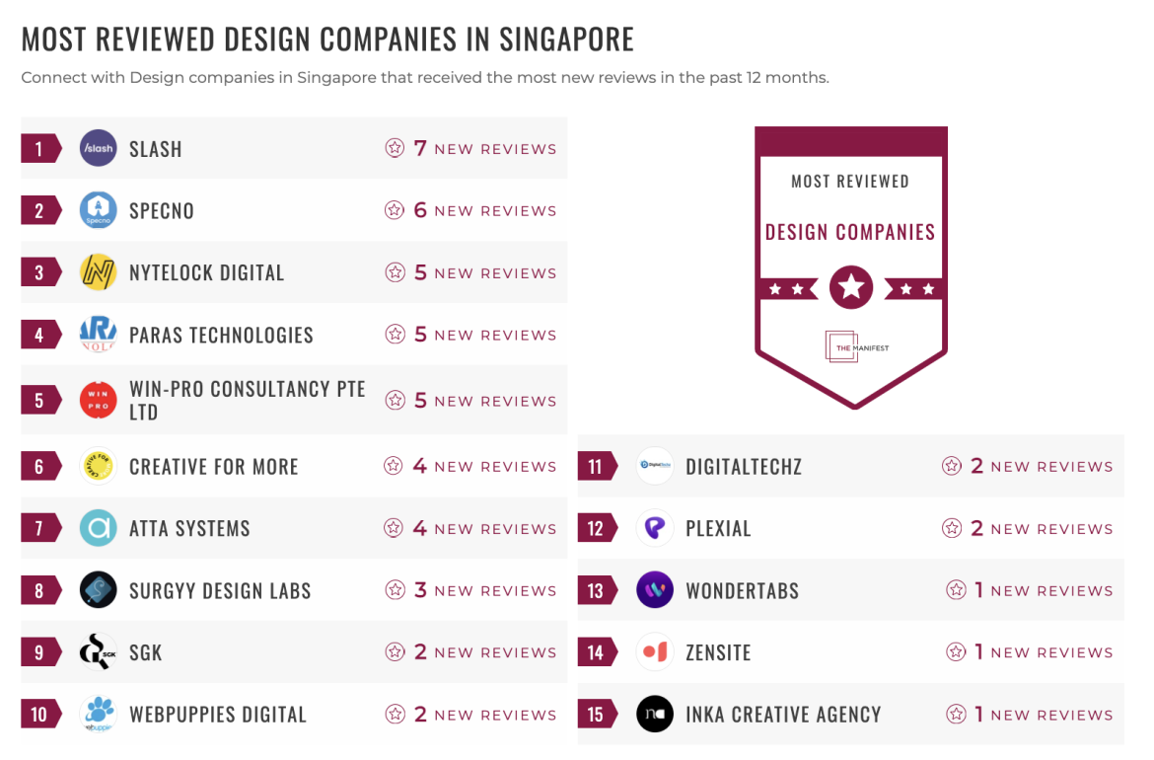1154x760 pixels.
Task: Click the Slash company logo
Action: click(99, 149)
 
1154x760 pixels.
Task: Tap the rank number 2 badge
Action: click(40, 210)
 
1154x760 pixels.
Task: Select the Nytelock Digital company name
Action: click(206, 273)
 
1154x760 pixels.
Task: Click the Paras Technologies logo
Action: click(99, 335)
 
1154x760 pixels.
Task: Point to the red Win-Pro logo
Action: click(99, 401)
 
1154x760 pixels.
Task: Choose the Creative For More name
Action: click(213, 467)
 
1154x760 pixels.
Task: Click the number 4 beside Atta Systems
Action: click(420, 528)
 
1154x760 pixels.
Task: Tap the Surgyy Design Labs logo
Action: click(99, 590)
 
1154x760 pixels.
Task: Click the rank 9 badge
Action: click(40, 652)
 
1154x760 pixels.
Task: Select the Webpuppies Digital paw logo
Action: click(99, 715)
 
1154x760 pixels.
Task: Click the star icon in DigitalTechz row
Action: click(951, 466)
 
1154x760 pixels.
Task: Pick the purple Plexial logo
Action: click(655, 528)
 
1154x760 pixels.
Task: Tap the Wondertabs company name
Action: click(742, 591)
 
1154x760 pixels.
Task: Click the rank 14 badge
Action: click(597, 652)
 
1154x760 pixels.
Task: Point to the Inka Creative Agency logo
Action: click(655, 715)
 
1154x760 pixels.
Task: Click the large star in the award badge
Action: click(851, 288)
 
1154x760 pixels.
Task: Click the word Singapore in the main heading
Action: click(566, 39)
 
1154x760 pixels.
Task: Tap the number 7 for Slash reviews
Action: click(420, 148)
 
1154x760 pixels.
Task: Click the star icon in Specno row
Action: click(395, 210)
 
